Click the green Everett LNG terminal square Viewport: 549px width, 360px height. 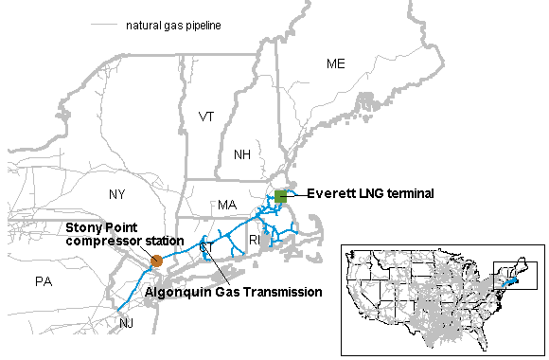[280, 196]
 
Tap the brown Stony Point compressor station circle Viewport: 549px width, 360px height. [156, 260]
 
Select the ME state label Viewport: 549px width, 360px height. [336, 63]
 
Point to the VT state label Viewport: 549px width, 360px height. [206, 117]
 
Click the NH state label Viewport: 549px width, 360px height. [242, 154]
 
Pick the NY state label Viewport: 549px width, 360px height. [116, 194]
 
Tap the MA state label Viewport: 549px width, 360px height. [227, 205]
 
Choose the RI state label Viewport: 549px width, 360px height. [254, 241]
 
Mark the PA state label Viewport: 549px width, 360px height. [43, 281]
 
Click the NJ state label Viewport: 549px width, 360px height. [127, 323]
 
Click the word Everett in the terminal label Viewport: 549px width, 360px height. [328, 193]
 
